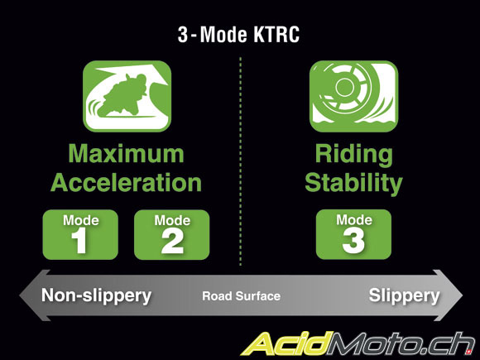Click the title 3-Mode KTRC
tap(238, 34)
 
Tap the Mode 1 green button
tap(80, 234)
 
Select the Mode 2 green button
tap(172, 234)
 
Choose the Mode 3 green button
tap(353, 234)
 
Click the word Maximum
tap(126, 153)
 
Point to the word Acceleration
tap(126, 182)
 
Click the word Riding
tap(354, 155)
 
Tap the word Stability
tap(353, 184)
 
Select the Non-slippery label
tap(97, 296)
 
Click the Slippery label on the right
tap(404, 296)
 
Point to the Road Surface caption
tap(241, 296)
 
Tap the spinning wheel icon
tap(353, 96)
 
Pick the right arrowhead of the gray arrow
tap(449, 295)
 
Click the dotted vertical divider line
tap(241, 161)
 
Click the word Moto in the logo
tap(375, 344)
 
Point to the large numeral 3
tap(353, 241)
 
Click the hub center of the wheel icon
tap(345, 87)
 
